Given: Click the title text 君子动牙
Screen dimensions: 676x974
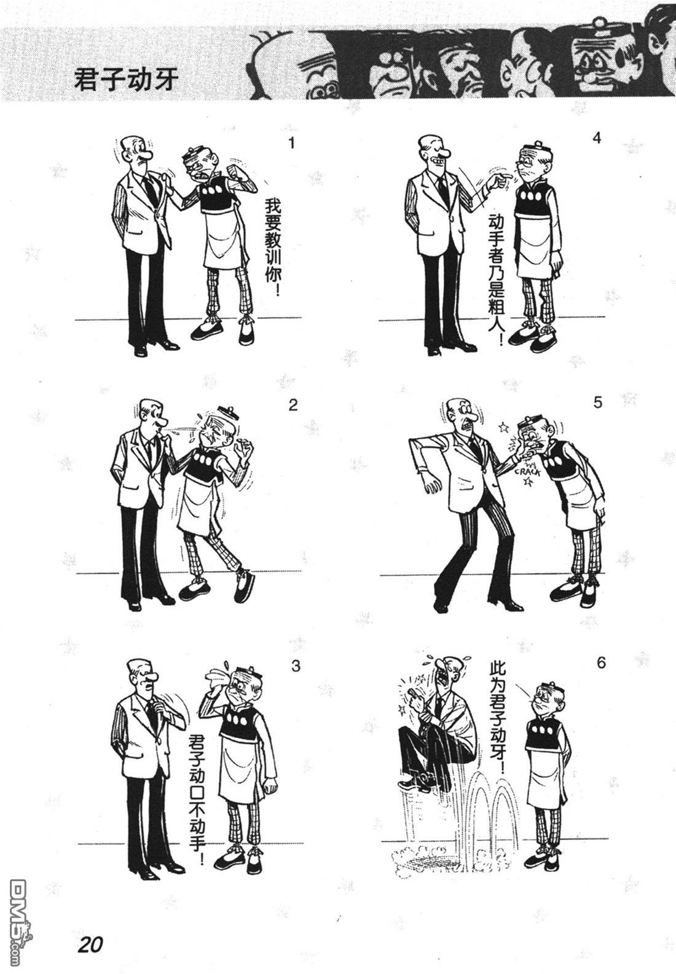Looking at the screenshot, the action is tap(127, 80).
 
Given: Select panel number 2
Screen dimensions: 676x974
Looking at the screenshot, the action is tap(293, 405).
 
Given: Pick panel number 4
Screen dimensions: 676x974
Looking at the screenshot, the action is tap(597, 138).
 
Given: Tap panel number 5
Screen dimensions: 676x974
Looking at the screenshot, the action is tap(598, 403).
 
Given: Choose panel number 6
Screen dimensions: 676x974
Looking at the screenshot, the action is tap(601, 662).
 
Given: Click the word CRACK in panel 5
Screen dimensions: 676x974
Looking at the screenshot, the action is tap(527, 471).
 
